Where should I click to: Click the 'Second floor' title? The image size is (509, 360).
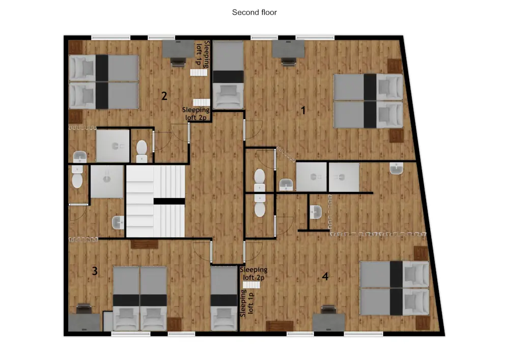254,12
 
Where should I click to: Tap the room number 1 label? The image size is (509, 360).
303,110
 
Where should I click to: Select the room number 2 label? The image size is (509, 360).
164,95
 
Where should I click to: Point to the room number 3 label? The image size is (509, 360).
95,271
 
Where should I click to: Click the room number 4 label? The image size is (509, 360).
325,276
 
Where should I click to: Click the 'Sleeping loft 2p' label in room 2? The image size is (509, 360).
196,114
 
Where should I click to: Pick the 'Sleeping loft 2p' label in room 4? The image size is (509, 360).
253,273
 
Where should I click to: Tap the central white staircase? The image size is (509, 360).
155,201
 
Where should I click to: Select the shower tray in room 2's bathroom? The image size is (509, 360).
114,145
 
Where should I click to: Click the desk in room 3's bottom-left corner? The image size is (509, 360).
84,321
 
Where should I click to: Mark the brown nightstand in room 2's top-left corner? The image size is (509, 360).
76,46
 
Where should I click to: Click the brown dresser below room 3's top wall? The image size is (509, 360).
145,244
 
